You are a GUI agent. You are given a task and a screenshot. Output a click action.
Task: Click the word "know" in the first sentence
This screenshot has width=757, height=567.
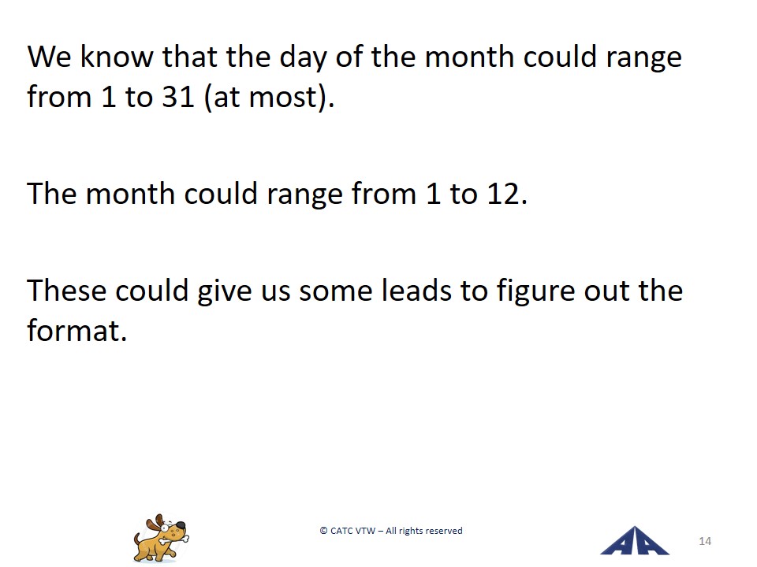[117, 57]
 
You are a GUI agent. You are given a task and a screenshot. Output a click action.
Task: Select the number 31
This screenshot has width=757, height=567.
[178, 97]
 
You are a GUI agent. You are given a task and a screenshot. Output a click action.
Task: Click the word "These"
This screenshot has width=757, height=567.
[66, 291]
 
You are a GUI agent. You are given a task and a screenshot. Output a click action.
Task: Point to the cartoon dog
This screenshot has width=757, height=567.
[161, 538]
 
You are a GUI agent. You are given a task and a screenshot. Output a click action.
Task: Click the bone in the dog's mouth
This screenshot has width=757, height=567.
[173, 540]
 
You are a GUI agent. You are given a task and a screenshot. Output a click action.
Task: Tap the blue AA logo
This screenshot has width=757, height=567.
[634, 541]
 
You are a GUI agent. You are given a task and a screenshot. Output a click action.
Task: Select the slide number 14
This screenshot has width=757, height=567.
[705, 542]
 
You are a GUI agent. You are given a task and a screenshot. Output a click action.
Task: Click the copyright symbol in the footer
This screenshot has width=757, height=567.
[323, 531]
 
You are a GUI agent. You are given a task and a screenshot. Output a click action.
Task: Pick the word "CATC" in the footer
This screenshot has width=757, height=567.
[341, 531]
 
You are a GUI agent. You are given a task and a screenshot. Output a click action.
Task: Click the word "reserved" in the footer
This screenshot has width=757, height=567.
[444, 531]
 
